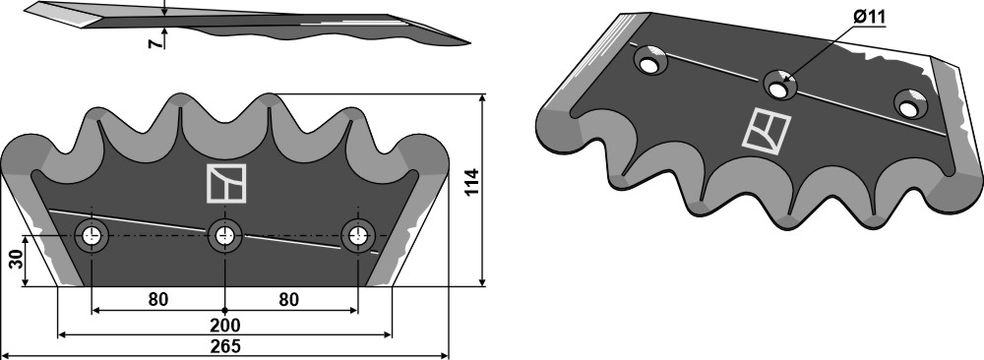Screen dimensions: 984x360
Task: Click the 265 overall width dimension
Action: pyautogui.click(x=225, y=347)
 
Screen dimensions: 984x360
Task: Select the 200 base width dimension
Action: pyautogui.click(x=225, y=327)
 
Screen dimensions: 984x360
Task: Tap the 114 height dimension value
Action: pyautogui.click(x=472, y=182)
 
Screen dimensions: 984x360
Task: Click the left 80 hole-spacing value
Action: pyautogui.click(x=158, y=300)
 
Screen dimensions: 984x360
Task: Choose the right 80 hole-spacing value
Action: pyautogui.click(x=288, y=300)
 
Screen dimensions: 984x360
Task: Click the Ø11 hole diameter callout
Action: pyautogui.click(x=869, y=17)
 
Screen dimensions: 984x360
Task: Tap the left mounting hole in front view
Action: pyautogui.click(x=92, y=236)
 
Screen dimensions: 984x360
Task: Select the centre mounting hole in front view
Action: pyautogui.click(x=224, y=236)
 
